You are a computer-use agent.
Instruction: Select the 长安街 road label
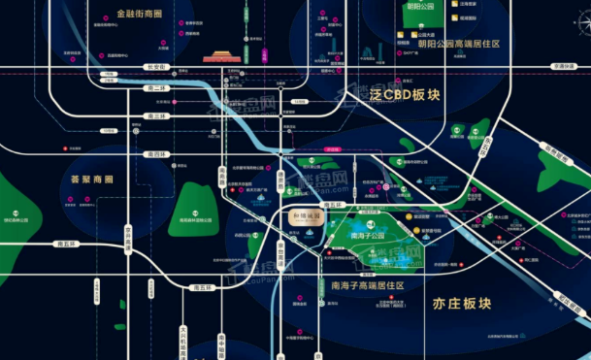[x=155, y=67]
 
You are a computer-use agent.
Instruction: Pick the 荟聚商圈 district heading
[x=92, y=180]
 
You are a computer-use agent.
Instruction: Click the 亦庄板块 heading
[x=458, y=304]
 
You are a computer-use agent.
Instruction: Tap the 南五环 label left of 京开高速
[x=65, y=245]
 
